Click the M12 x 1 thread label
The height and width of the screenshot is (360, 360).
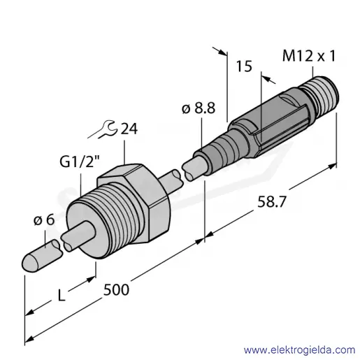tap(309, 56)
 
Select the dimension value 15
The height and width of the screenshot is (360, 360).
tap(244, 66)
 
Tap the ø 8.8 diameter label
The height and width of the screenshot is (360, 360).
tap(199, 108)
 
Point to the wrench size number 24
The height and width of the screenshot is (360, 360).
tap(129, 129)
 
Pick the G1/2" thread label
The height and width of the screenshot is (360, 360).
tap(80, 161)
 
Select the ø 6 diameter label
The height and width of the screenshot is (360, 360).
tap(44, 220)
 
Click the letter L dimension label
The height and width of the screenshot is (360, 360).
tap(61, 296)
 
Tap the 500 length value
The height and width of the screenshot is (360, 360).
tap(116, 290)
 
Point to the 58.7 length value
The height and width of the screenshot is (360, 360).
tap(271, 202)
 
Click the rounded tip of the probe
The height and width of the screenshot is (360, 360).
tap(30, 263)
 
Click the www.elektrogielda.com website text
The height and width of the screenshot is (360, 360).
tap(299, 350)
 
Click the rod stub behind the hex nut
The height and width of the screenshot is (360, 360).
tap(171, 182)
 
